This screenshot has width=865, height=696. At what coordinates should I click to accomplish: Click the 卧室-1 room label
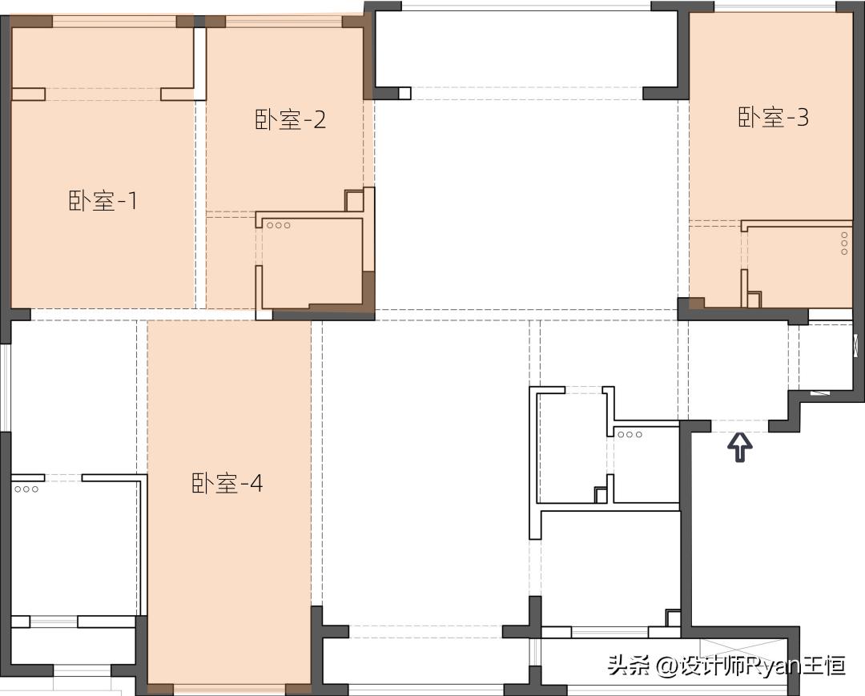[103, 201]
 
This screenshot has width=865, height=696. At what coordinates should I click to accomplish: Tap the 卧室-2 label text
[291, 120]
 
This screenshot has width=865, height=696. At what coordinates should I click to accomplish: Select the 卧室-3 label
[773, 118]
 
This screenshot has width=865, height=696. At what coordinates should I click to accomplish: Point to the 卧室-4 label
[227, 484]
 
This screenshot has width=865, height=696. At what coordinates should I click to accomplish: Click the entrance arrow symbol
[740, 447]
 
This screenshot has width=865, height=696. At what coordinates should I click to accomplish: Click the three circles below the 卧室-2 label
[279, 225]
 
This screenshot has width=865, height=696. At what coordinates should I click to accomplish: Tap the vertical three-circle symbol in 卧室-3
[844, 243]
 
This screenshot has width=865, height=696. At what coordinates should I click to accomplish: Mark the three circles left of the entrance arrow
[630, 435]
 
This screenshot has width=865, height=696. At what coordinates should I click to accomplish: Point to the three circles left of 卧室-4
[26, 489]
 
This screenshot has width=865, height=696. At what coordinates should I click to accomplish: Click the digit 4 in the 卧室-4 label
[256, 484]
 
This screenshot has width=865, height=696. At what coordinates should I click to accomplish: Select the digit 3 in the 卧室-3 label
[802, 118]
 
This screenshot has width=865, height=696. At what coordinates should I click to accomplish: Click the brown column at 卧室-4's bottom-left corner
[160, 689]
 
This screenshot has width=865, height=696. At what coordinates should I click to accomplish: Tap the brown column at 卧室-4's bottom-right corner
[298, 689]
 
